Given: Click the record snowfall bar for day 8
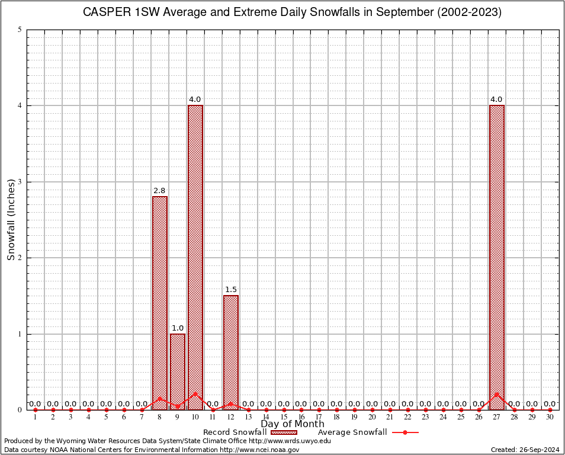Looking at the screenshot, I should [160, 302].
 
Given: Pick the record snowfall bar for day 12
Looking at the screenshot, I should [231, 353].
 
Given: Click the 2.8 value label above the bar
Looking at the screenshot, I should [159, 191].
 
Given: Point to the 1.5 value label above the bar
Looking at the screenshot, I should [231, 290].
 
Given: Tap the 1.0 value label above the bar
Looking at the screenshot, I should [178, 328].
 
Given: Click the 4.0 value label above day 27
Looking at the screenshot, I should [496, 100].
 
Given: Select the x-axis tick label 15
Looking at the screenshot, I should [284, 418].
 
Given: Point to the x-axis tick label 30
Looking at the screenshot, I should [550, 418].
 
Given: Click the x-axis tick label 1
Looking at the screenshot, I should [36, 418].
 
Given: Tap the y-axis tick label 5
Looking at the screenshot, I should [20, 30].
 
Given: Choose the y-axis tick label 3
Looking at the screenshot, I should [20, 182].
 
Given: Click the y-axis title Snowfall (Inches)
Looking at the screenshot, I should [11, 219].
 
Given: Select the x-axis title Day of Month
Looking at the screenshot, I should [292, 424].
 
